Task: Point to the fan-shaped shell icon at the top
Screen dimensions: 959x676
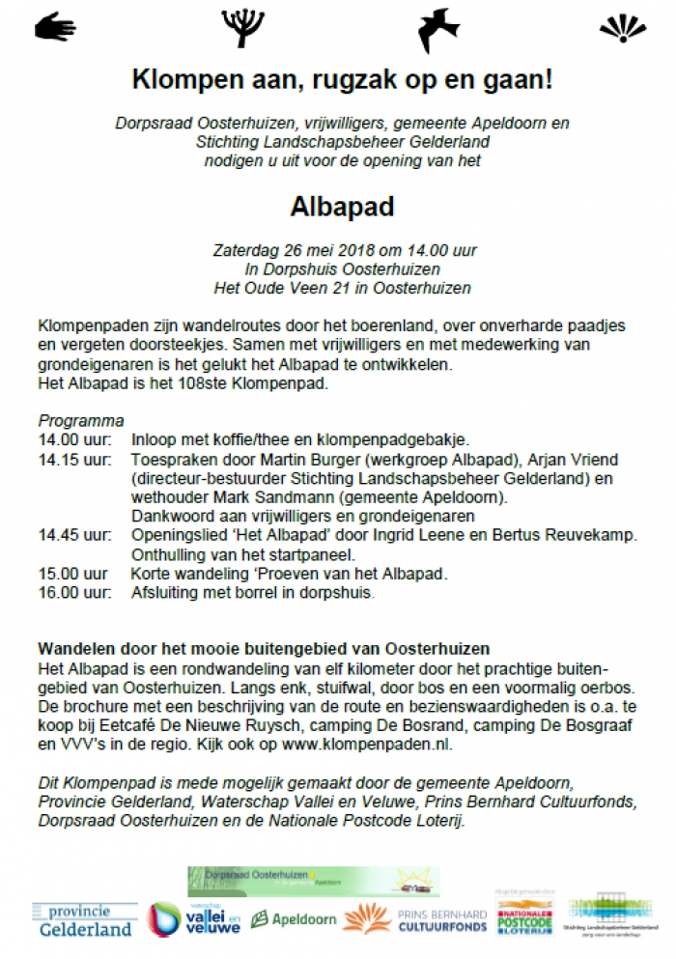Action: coord(622,28)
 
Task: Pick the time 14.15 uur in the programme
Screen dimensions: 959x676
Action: coord(73,461)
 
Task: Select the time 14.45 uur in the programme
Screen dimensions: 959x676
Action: coord(73,535)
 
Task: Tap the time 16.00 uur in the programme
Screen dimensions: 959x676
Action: coord(71,593)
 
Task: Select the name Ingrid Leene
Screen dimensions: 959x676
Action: coord(450,535)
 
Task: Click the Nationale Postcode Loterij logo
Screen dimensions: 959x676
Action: coord(524,918)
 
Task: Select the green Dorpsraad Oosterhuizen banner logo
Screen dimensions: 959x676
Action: coord(313,881)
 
